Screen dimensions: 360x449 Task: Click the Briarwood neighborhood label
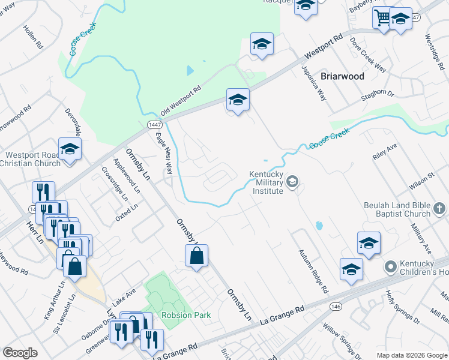tap(342, 76)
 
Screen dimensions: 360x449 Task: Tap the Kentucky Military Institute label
tap(266, 182)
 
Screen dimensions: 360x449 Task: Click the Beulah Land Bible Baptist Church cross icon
tap(439, 209)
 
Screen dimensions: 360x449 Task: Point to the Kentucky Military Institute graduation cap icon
tap(292, 181)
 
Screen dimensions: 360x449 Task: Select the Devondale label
tap(74, 123)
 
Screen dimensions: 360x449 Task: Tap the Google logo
tap(21, 352)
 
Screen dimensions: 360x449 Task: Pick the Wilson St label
tap(421, 179)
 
